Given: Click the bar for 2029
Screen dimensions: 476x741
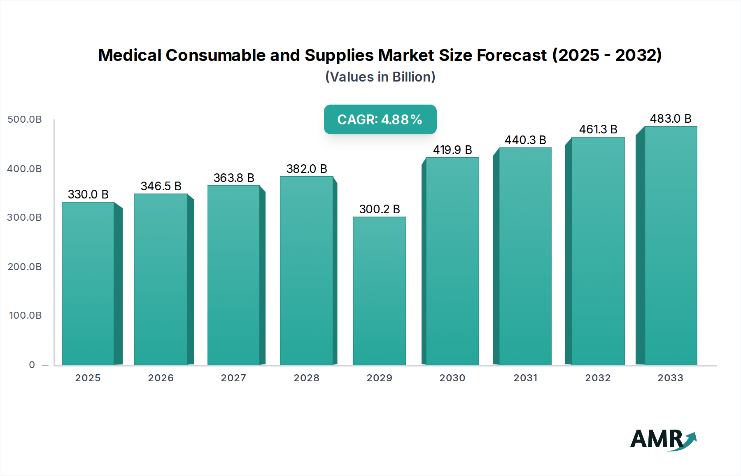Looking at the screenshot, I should pos(379,290).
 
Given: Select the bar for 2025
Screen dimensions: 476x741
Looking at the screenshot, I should pos(88,283).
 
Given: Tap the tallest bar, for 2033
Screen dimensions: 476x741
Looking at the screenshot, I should pos(670,245).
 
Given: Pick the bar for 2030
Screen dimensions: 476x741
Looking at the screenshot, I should pos(452,261).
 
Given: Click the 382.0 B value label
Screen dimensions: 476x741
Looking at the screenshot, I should pos(307,169).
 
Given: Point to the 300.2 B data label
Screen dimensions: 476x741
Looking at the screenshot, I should pos(380,209).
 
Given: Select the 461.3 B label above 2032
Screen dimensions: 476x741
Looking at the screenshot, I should pos(598,129).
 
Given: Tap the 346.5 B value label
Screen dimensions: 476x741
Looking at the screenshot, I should pos(161,186).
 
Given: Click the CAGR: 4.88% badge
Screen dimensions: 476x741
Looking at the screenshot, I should pos(380,119).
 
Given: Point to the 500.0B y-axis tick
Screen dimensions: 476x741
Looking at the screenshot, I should pos(25,119).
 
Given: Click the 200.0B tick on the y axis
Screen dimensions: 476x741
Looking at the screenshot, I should pos(25,267).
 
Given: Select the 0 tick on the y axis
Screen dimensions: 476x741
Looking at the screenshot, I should pos(32,365).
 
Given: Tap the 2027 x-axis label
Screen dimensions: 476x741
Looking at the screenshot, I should pos(233,378).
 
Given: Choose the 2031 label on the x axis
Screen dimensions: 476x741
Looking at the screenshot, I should pos(525,378).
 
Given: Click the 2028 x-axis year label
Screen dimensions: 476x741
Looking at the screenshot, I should pos(306,378).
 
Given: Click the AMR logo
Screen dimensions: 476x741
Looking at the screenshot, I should pos(663,440).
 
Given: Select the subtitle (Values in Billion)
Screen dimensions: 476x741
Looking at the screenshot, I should pos(380,77).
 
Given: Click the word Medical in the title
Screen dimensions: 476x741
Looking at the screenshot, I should pos(130,55).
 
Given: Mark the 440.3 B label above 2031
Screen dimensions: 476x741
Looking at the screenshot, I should pos(525,140).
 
